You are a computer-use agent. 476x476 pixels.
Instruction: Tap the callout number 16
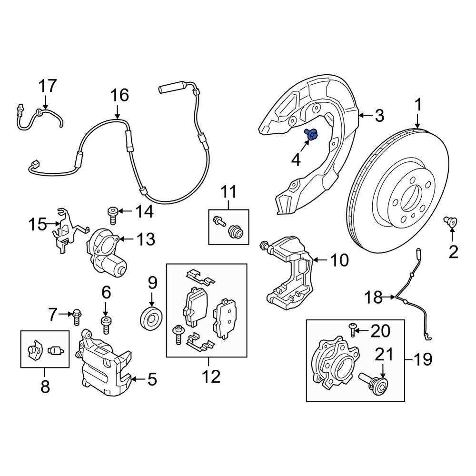(x=119, y=95)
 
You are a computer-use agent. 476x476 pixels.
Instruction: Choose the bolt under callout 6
(x=106, y=326)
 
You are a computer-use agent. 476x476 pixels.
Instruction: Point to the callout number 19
(x=422, y=359)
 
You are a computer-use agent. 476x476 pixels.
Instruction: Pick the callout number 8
(x=45, y=387)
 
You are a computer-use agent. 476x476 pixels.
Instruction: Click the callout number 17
(x=48, y=86)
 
